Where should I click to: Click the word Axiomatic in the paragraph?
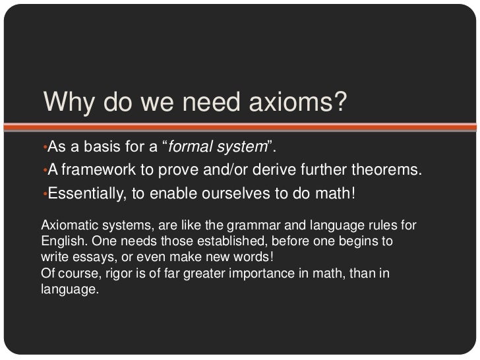(65, 225)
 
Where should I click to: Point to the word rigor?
(117, 272)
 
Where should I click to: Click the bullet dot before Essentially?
(43, 195)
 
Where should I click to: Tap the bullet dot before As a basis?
(43, 146)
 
